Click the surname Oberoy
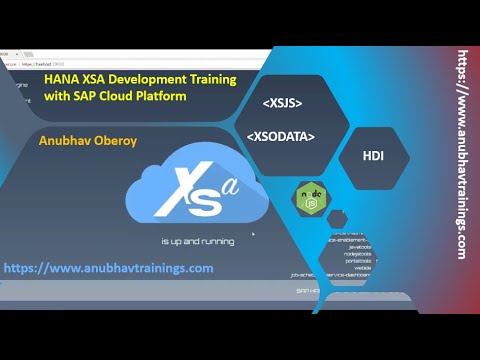(x=122, y=140)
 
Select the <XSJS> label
(x=282, y=103)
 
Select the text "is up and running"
(x=198, y=241)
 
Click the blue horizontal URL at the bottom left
(x=108, y=268)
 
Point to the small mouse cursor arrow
(x=254, y=236)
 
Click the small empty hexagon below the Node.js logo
(x=337, y=218)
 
